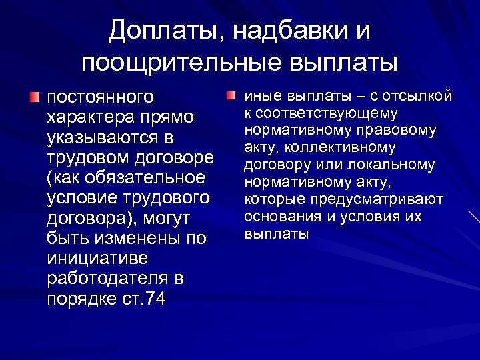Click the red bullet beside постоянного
pyautogui.click(x=34, y=97)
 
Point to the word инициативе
pyautogui.click(x=98, y=259)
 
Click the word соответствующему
pyautogui.click(x=321, y=113)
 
